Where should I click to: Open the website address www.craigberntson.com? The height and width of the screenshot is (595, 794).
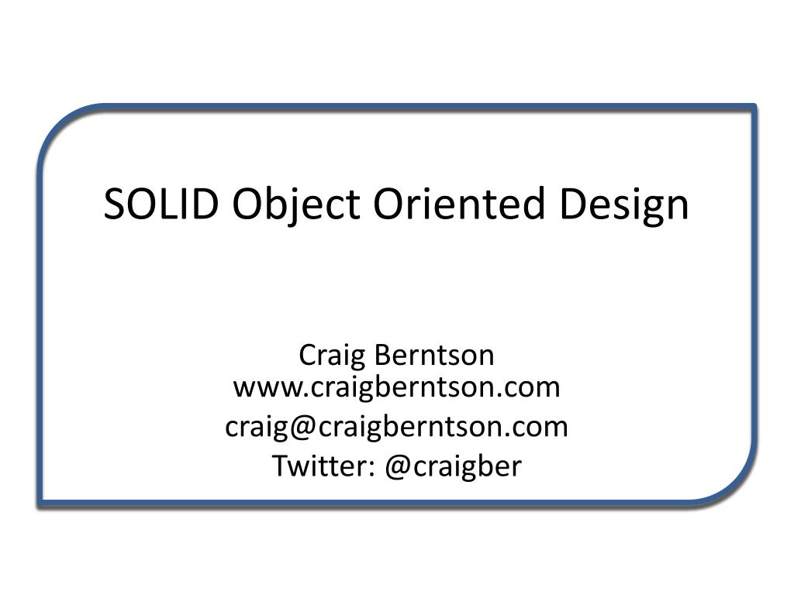tap(396, 387)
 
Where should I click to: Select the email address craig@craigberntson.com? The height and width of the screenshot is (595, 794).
tap(396, 427)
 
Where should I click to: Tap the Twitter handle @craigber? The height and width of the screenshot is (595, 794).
tap(453, 466)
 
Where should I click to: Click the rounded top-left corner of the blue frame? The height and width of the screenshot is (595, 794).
tap(62, 128)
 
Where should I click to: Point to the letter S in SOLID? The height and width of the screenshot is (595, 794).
tap(115, 205)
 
